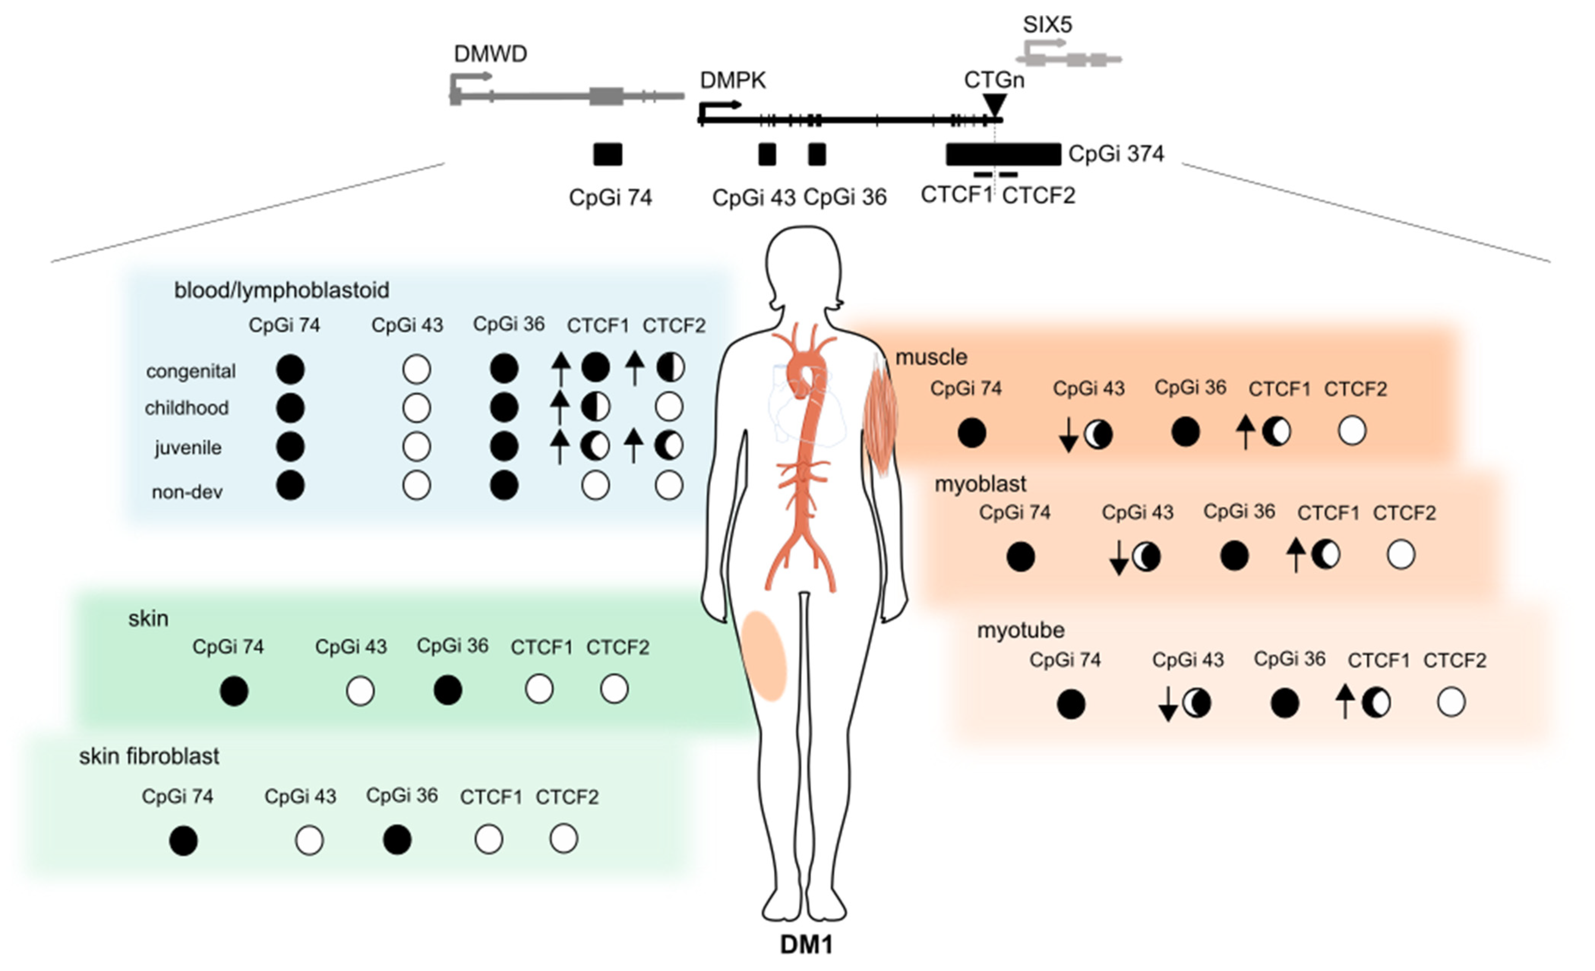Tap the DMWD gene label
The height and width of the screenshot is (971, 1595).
490,54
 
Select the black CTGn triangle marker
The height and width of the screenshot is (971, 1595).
994,104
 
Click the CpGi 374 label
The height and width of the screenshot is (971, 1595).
1116,154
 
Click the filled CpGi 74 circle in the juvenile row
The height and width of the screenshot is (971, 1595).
290,447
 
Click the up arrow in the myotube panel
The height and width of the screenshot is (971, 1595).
1344,701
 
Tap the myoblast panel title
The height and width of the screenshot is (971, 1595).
980,483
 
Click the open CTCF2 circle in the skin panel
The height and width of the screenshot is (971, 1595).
614,689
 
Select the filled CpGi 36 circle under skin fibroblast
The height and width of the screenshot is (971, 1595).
397,840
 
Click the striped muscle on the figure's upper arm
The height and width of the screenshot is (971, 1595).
881,414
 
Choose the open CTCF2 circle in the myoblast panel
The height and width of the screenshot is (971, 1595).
1401,555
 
